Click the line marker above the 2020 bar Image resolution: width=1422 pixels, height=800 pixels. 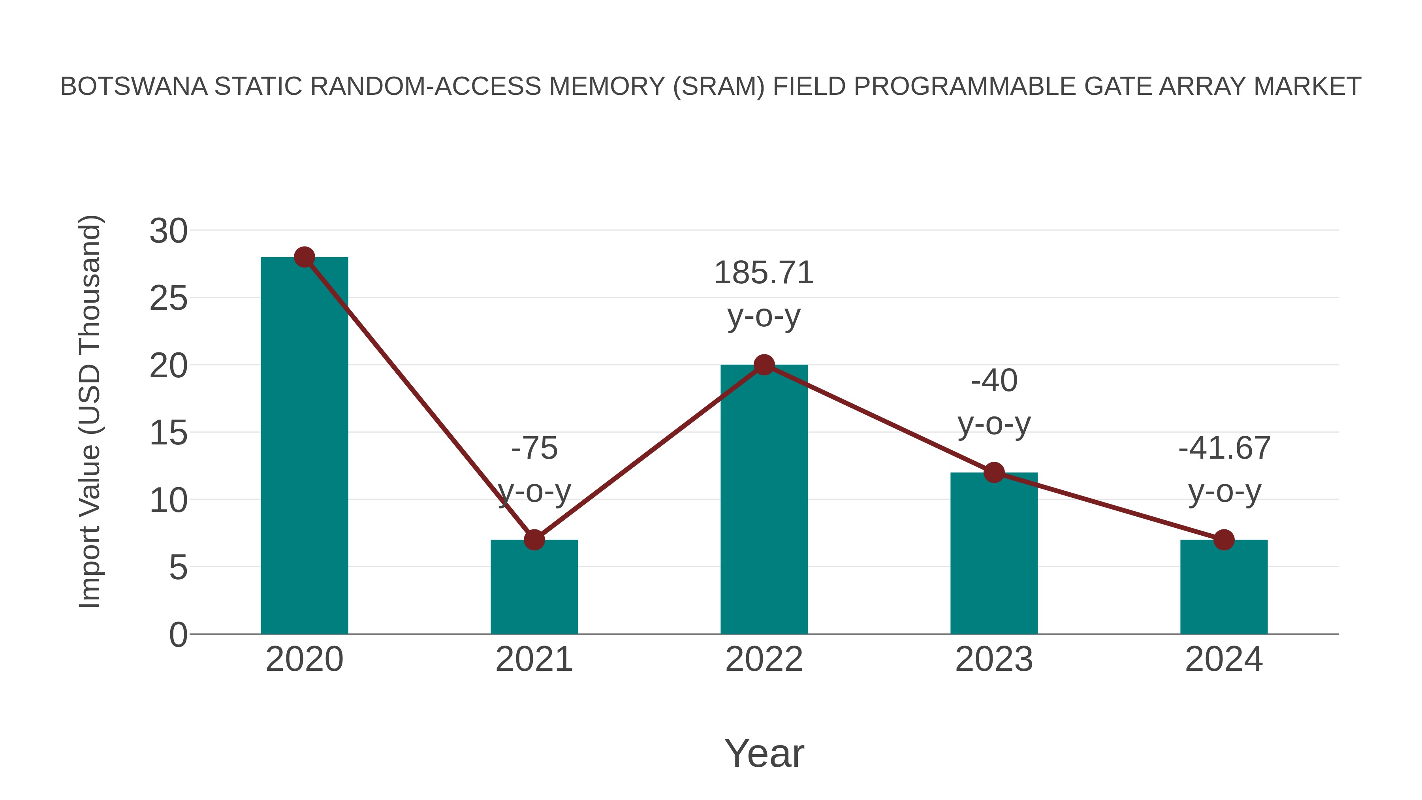coord(304,257)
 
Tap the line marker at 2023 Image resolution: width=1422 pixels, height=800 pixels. coord(994,472)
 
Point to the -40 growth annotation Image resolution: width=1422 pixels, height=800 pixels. coord(994,380)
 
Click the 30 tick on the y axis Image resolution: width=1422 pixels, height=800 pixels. coord(168,231)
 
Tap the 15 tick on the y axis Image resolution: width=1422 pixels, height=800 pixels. coord(168,433)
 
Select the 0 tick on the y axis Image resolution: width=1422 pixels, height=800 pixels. coord(178,634)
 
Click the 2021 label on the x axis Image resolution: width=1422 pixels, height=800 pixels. coord(534,659)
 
